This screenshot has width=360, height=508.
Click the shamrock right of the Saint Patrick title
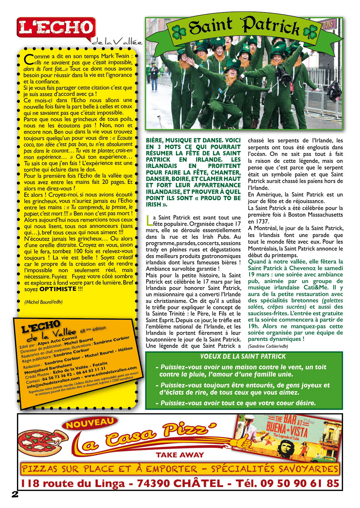point(310,32)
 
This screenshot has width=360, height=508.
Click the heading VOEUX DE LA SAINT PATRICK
point(243,356)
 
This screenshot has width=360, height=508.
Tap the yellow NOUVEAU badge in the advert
point(90,423)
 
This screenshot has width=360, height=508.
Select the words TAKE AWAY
point(180,455)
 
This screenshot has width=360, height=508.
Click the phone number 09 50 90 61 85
point(300,483)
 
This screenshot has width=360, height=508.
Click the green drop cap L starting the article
point(148,220)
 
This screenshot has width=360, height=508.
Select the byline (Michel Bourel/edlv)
point(43,302)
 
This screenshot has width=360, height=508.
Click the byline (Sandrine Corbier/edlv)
point(268,346)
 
